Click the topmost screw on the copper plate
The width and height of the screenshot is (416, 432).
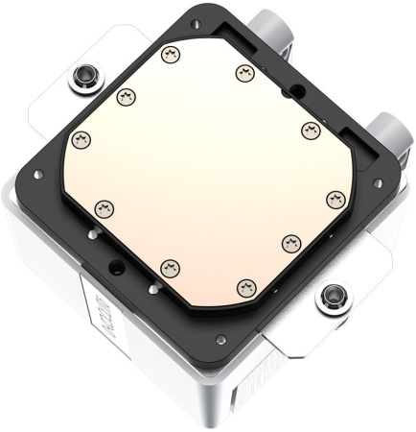tap(172, 54)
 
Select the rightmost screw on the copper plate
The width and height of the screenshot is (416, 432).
tap(334, 198)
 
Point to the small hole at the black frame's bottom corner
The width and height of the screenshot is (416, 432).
tap(220, 338)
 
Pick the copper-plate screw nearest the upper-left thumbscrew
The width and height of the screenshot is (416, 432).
tap(124, 96)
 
